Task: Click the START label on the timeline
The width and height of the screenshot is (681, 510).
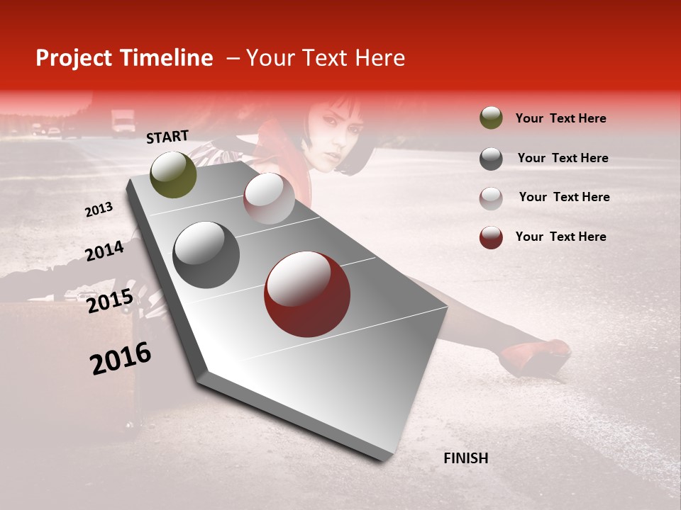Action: pyautogui.click(x=167, y=136)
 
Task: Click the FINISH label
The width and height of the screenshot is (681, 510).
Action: pyautogui.click(x=465, y=458)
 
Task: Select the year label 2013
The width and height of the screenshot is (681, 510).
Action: pyautogui.click(x=99, y=209)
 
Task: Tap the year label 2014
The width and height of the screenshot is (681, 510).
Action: pyautogui.click(x=104, y=251)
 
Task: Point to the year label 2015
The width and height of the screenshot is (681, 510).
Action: pyautogui.click(x=110, y=301)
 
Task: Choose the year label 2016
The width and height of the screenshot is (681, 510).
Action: pyautogui.click(x=121, y=358)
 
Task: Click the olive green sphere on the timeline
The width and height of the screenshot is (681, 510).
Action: pyautogui.click(x=173, y=174)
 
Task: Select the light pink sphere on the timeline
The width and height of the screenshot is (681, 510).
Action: pyautogui.click(x=269, y=198)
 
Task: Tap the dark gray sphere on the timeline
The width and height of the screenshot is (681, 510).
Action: pyautogui.click(x=206, y=255)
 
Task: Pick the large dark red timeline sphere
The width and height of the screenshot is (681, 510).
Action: pyautogui.click(x=307, y=294)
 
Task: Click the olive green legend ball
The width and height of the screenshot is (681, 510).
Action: pyautogui.click(x=491, y=118)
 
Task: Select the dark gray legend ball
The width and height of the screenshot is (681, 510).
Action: pyautogui.click(x=491, y=158)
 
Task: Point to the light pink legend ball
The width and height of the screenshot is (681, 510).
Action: pyautogui.click(x=491, y=198)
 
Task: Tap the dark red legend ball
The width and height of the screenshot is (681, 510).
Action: pyautogui.click(x=491, y=237)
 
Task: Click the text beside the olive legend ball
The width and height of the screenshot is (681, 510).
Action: pyautogui.click(x=560, y=118)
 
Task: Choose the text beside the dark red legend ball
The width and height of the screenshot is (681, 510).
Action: pyautogui.click(x=560, y=237)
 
